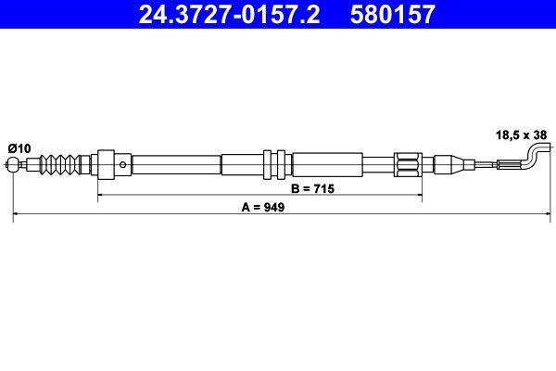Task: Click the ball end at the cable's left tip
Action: [15, 167]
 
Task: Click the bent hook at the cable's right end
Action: [536, 154]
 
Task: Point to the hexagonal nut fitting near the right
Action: [408, 167]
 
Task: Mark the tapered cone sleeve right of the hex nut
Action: [440, 167]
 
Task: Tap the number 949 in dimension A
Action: [272, 209]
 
